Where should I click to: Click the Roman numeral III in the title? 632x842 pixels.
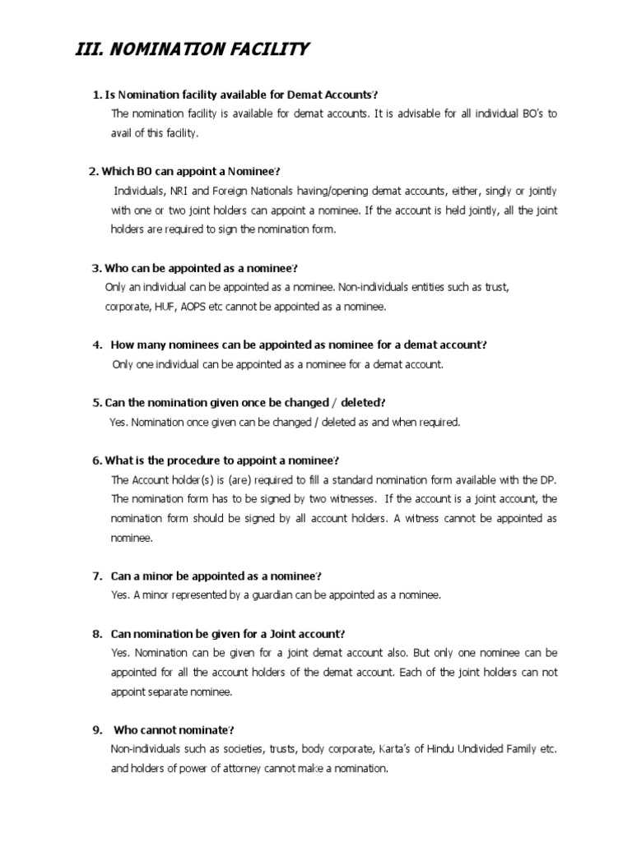tap(86, 51)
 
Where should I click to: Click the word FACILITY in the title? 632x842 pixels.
tap(268, 51)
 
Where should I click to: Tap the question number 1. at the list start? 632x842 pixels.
tap(97, 95)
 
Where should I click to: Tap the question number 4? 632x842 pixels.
tap(97, 345)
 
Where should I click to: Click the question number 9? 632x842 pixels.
tap(97, 730)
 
